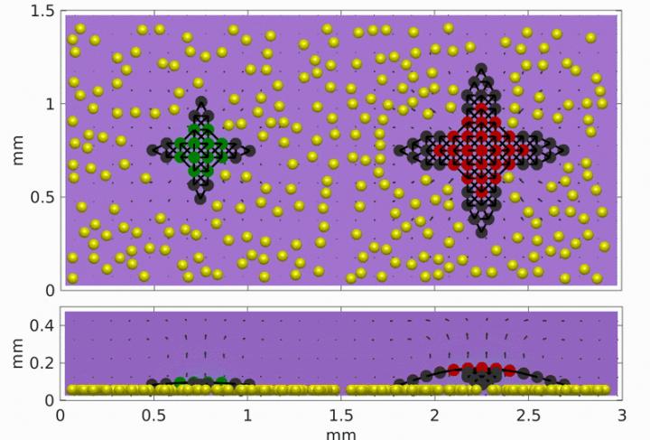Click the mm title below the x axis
(x=341, y=432)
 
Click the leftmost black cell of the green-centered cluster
(x=153, y=150)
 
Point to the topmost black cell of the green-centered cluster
(x=202, y=102)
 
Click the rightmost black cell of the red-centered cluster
(x=563, y=150)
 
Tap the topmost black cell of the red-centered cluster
(x=480, y=69)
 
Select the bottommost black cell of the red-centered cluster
(x=482, y=231)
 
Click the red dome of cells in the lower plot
(x=480, y=369)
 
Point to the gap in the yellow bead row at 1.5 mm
(x=342, y=389)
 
